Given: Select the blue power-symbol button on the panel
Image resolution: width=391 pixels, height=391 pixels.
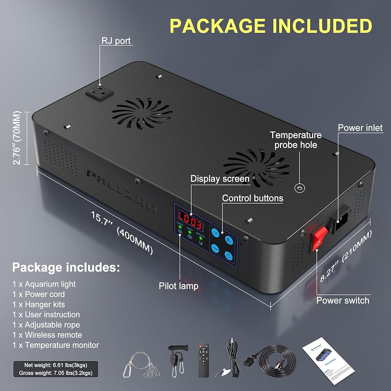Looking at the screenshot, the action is [x=229, y=256].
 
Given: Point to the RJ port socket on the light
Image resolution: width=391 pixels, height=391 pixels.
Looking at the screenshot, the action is [x=99, y=94].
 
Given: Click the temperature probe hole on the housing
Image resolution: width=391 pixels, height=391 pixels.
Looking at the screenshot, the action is [x=300, y=188].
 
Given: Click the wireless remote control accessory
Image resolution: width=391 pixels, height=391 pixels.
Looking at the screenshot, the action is [x=203, y=360].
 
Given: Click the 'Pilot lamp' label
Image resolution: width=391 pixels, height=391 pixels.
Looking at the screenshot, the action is [x=178, y=286].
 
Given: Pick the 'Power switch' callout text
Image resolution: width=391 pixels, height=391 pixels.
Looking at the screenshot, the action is [x=343, y=300].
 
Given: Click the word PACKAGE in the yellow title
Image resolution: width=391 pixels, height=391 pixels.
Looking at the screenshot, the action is [x=215, y=26].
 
